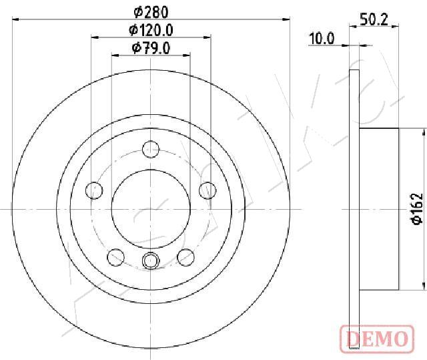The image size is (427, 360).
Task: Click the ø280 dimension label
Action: pyautogui.click(x=151, y=12)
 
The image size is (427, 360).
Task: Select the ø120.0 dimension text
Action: pyautogui.click(x=151, y=30)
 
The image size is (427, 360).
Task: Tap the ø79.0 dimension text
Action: pyautogui.click(x=151, y=48)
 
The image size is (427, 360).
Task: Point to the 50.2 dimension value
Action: pyautogui.click(x=374, y=19)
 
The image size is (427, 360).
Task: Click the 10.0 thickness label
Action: pyautogui.click(x=322, y=39)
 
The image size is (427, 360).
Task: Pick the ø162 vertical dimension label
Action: pyautogui.click(x=417, y=209)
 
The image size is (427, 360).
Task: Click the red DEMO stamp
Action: pyautogui.click(x=377, y=339)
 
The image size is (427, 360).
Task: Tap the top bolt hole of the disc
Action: pyautogui.click(x=151, y=150)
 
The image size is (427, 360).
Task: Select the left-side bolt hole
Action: pyautogui.click(x=94, y=190)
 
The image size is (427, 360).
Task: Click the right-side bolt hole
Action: pyautogui.click(x=207, y=190)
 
